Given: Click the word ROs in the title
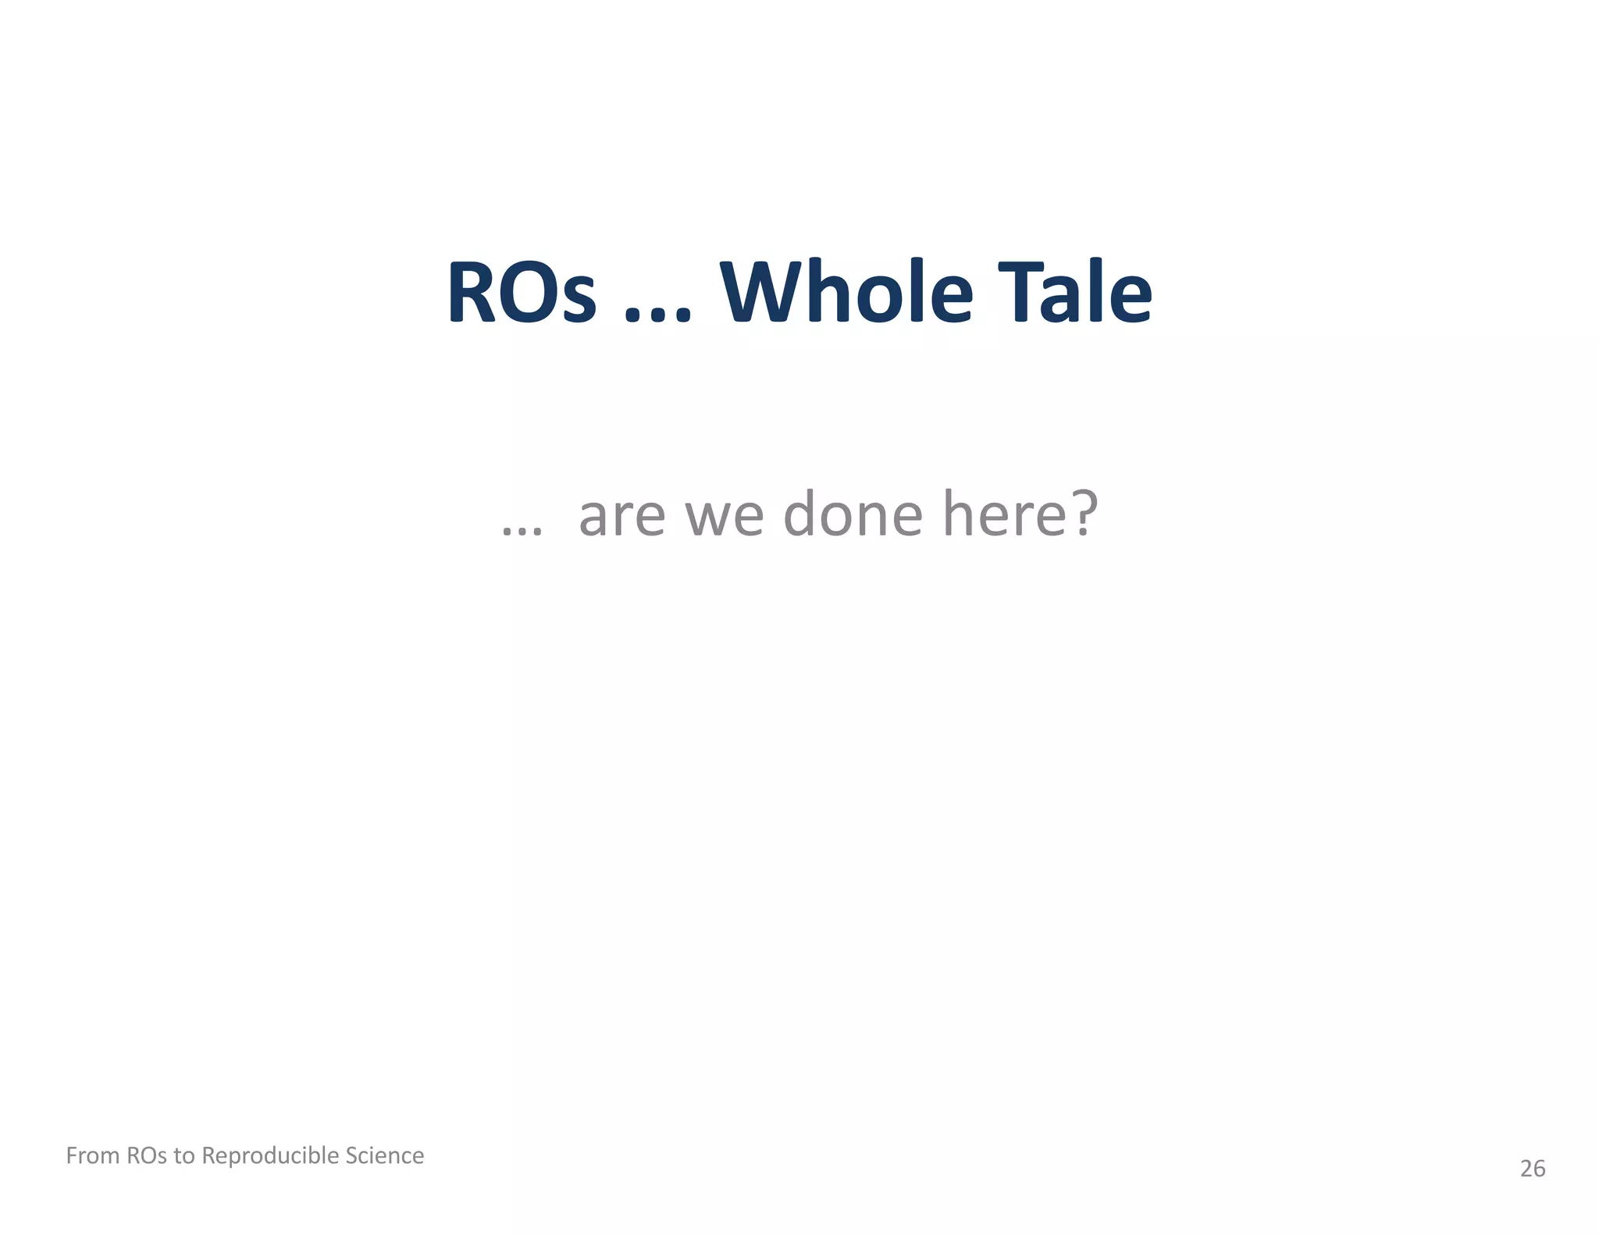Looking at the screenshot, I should pyautogui.click(x=522, y=292).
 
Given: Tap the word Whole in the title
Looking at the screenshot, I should pyautogui.click(x=846, y=292).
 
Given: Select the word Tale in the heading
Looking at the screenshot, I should pyautogui.click(x=1075, y=292).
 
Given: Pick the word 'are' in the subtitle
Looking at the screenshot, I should pyautogui.click(x=621, y=516).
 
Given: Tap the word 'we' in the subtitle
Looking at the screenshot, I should pyautogui.click(x=724, y=516).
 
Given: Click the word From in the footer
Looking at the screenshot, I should pyautogui.click(x=93, y=1155).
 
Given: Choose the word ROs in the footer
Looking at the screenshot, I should pyautogui.click(x=147, y=1155).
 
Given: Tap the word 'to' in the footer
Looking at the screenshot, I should pyautogui.click(x=184, y=1155).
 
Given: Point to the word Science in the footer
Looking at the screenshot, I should pyautogui.click(x=385, y=1155).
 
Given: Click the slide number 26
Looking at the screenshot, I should pyautogui.click(x=1533, y=1169).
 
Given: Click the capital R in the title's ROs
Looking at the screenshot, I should pyautogui.click(x=472, y=292).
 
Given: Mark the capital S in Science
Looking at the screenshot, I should pyautogui.click(x=351, y=1155).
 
